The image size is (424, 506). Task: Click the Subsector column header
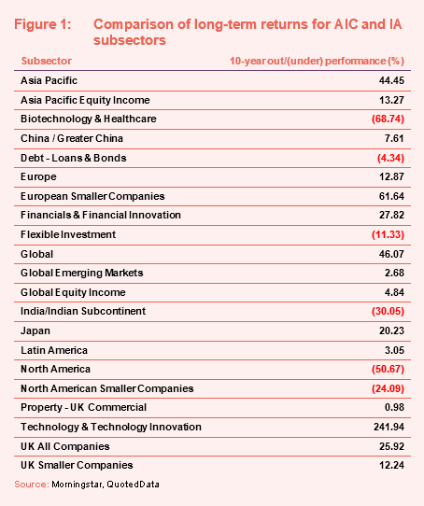tap(47, 61)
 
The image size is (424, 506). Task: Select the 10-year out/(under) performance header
tap(317, 61)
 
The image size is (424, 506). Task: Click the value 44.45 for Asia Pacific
tap(391, 80)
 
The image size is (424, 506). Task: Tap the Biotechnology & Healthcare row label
tap(89, 119)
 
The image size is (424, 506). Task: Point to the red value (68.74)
tap(388, 119)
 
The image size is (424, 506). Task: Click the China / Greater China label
tap(72, 138)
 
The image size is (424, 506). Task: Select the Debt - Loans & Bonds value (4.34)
tap(390, 158)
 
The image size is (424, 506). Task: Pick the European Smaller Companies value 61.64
tap(391, 196)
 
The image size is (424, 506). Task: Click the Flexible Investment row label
tap(68, 234)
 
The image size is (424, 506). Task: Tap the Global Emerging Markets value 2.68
tap(394, 273)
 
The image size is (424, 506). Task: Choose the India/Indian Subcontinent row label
tap(83, 311)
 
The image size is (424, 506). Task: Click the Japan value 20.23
tap(391, 330)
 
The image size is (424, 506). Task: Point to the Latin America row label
tap(54, 350)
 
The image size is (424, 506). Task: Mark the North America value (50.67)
tap(388, 369)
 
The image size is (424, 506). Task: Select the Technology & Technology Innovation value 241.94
tap(389, 427)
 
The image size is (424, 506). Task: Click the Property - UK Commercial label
tap(84, 408)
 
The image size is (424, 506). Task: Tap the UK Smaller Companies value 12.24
tap(391, 465)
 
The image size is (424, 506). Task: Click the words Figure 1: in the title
tap(43, 24)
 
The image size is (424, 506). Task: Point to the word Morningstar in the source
tap(78, 485)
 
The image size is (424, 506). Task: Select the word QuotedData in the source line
tap(133, 485)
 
